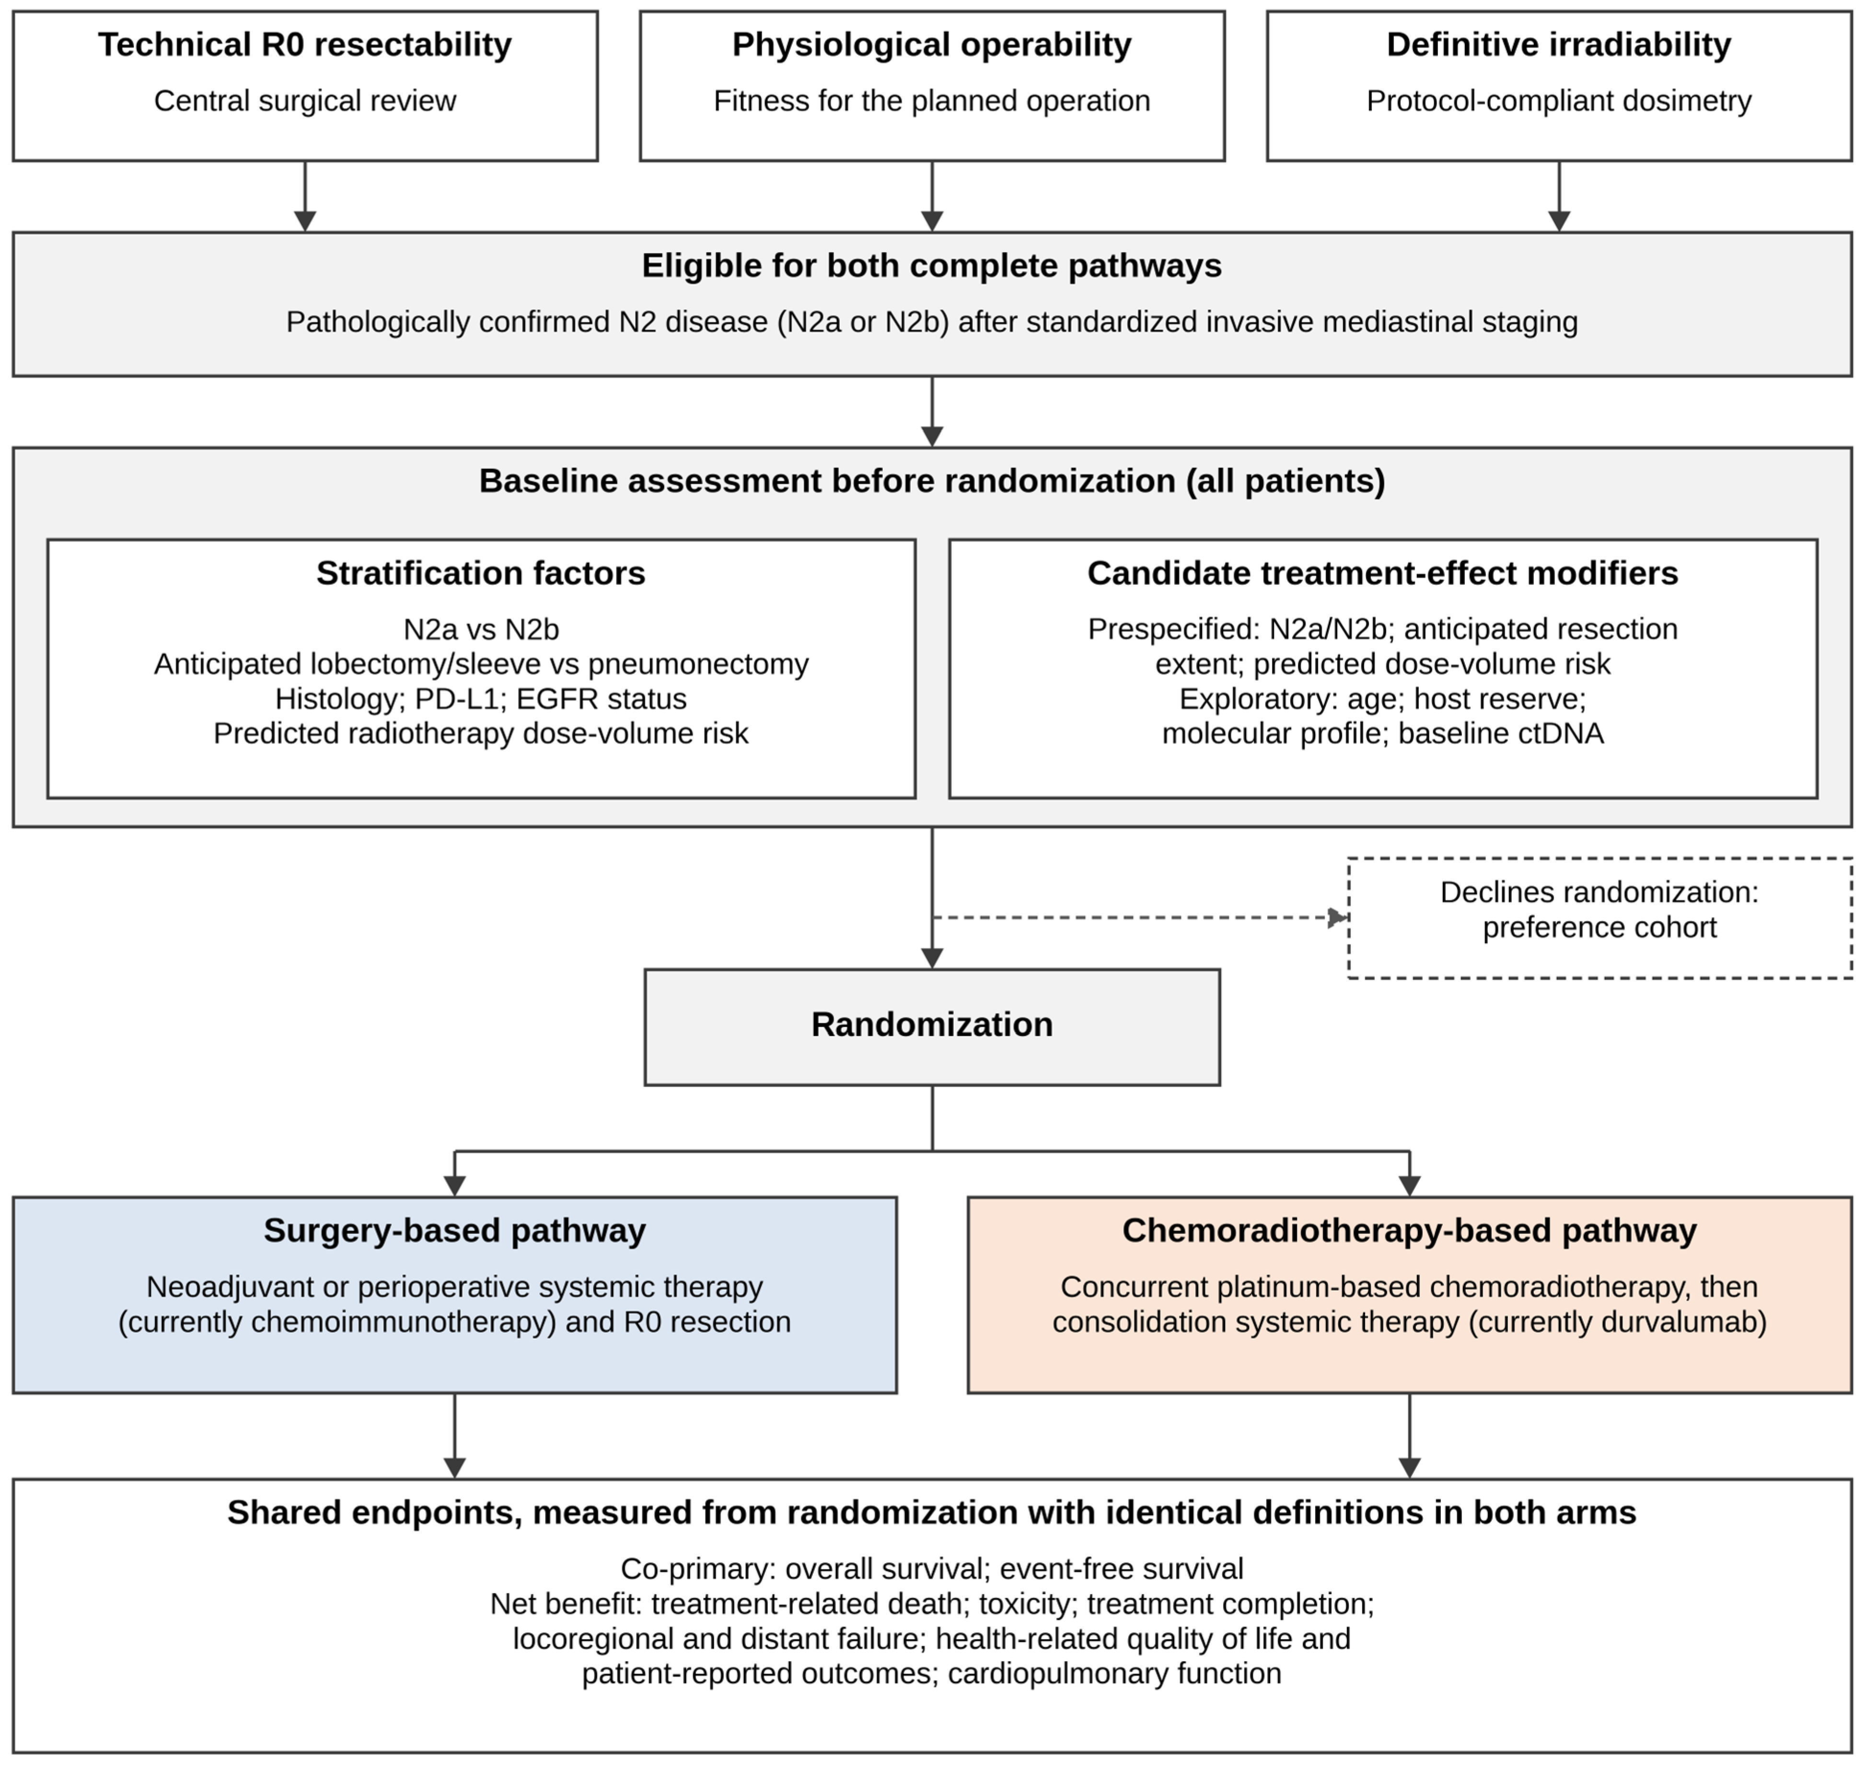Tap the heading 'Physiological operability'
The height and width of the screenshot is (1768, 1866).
point(932,44)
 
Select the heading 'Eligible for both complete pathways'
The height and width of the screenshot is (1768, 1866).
point(932,266)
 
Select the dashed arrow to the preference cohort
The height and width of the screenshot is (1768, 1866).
point(1140,917)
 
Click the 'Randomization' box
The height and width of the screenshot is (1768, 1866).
point(932,1027)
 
